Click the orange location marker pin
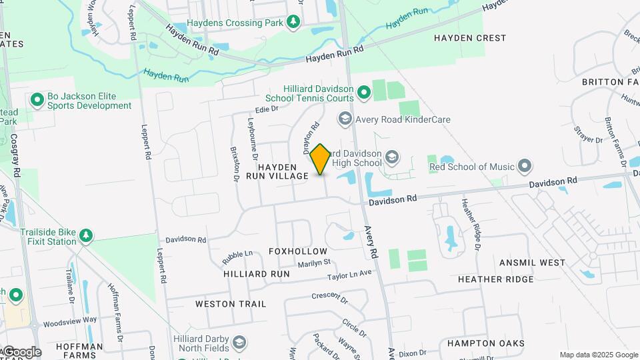[x=321, y=159]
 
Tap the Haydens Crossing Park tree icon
[x=293, y=22]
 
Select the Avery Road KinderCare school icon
[x=345, y=119]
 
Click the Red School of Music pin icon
[x=525, y=166]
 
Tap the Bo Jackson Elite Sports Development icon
[x=37, y=101]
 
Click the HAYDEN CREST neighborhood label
[x=470, y=38]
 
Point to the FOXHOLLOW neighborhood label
[x=298, y=251]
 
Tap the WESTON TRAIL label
[x=231, y=304]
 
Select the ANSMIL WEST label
[x=533, y=263]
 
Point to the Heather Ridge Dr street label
[x=471, y=223]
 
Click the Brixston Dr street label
[x=235, y=164]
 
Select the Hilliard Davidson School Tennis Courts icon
[x=363, y=93]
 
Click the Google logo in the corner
[x=21, y=352]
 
